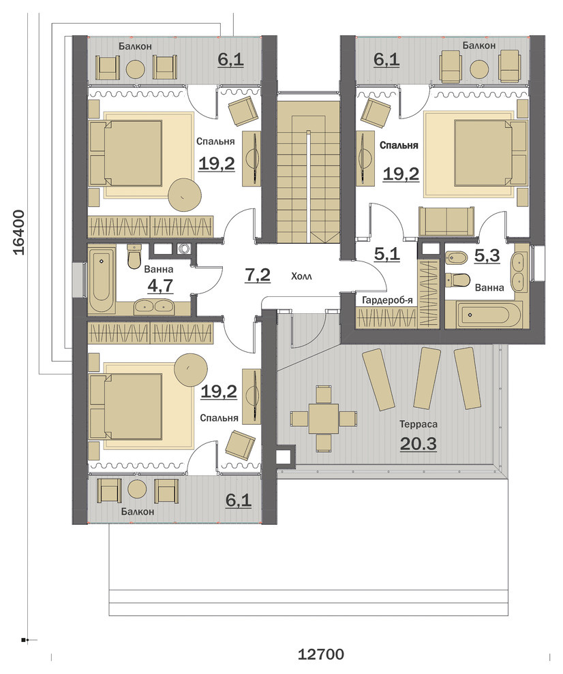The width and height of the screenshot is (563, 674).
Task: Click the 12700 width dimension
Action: pos(320,654)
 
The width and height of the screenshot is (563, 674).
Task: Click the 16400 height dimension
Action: pos(18,232)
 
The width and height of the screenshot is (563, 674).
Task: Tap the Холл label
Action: pos(301,276)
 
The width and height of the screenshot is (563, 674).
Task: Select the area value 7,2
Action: pos(258,275)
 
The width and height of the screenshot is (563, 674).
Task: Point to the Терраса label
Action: pos(419,424)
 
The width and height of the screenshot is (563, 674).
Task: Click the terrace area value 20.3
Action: pos(419,444)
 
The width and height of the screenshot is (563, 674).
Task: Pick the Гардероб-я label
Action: pos(387,300)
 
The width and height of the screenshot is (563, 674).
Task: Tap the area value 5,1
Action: pos(387,254)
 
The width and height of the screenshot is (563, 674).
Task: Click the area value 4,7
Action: pos(160,285)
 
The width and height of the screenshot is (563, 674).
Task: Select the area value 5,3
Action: pos(487,256)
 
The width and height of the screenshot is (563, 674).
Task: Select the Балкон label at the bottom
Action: pos(137,512)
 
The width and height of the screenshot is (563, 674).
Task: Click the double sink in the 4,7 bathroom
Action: pos(153,306)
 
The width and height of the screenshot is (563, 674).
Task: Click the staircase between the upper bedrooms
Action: pos(307,167)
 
